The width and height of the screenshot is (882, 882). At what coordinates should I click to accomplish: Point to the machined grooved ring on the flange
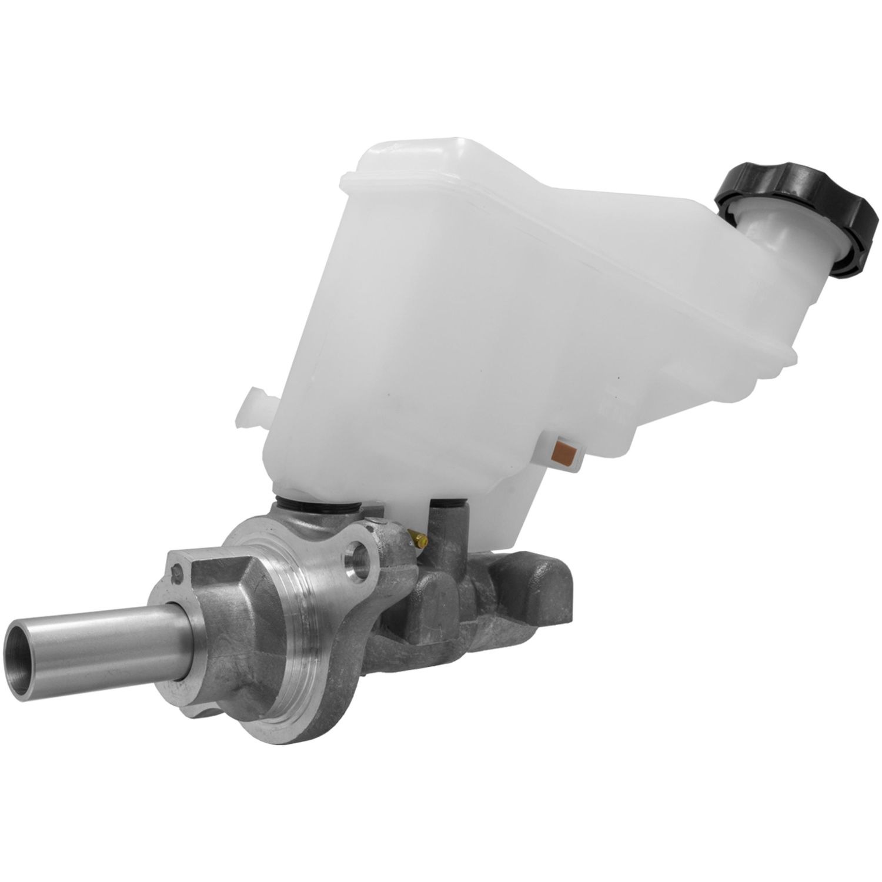coord(306,635)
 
